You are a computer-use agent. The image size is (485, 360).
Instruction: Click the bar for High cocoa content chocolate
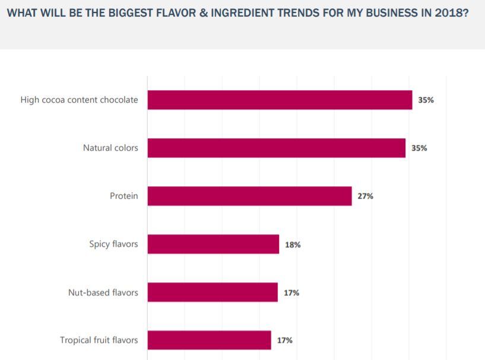(280, 100)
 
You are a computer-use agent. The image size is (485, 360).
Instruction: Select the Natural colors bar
(276, 148)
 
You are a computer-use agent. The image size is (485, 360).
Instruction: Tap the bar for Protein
(249, 196)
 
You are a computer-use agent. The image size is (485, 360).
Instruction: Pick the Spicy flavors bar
(213, 244)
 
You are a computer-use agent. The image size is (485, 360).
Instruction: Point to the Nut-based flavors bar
(213, 292)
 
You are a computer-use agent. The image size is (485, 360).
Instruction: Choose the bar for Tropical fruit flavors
(209, 340)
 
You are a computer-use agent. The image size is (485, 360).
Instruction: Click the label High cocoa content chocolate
(79, 100)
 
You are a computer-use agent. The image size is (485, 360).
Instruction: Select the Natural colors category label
(110, 148)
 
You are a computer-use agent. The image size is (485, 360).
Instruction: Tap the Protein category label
(123, 196)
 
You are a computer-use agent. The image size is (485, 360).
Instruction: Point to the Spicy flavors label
(113, 244)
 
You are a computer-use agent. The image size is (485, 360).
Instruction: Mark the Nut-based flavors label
(103, 292)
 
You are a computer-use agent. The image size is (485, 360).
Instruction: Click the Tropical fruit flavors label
(99, 340)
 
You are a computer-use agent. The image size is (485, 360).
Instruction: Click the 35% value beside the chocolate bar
(426, 100)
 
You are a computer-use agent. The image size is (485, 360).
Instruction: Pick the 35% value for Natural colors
(419, 148)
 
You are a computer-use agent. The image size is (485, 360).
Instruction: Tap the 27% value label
(365, 196)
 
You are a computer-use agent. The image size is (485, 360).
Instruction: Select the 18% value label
(293, 244)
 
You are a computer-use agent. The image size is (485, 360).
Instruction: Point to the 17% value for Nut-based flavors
(291, 292)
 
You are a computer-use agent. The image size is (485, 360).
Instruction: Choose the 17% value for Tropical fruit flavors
(284, 340)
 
